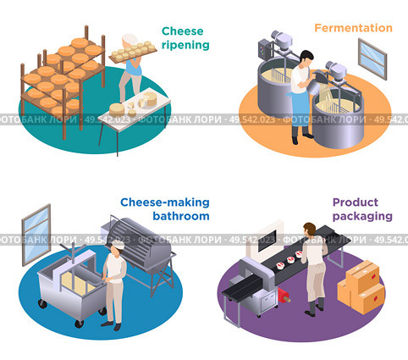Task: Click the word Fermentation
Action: click(x=353, y=28)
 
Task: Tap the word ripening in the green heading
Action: click(x=185, y=45)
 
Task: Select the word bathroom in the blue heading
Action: click(x=181, y=216)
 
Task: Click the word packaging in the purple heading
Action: click(x=362, y=217)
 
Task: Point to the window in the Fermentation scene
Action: click(x=372, y=59)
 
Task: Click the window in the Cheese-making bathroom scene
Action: click(x=36, y=235)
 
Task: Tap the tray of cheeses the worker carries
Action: click(x=133, y=52)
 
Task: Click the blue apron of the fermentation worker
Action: click(x=300, y=108)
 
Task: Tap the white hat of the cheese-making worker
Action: click(x=119, y=245)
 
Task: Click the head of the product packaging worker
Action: click(x=310, y=229)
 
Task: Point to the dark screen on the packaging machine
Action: click(x=267, y=240)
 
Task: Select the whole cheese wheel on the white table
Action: click(x=117, y=109)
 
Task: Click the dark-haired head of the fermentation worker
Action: click(x=306, y=57)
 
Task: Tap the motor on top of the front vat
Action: click(x=337, y=70)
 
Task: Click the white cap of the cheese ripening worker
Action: click(x=130, y=39)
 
